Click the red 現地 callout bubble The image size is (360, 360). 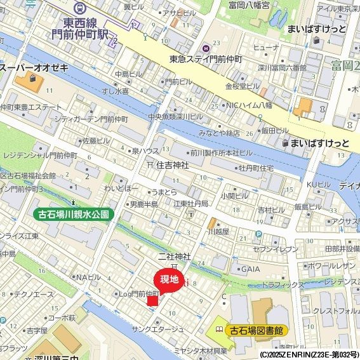point(169,280)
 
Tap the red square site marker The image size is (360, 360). point(152,300)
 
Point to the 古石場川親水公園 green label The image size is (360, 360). point(74,215)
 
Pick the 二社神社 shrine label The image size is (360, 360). point(175,256)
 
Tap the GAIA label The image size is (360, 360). point(250,269)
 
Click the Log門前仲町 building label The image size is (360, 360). point(138,293)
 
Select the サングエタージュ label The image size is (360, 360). point(157,329)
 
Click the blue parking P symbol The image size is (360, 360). point(258,234)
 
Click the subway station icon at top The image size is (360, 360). point(81,8)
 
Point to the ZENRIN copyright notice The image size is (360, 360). point(309,354)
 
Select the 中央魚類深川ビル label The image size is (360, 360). point(175,117)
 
